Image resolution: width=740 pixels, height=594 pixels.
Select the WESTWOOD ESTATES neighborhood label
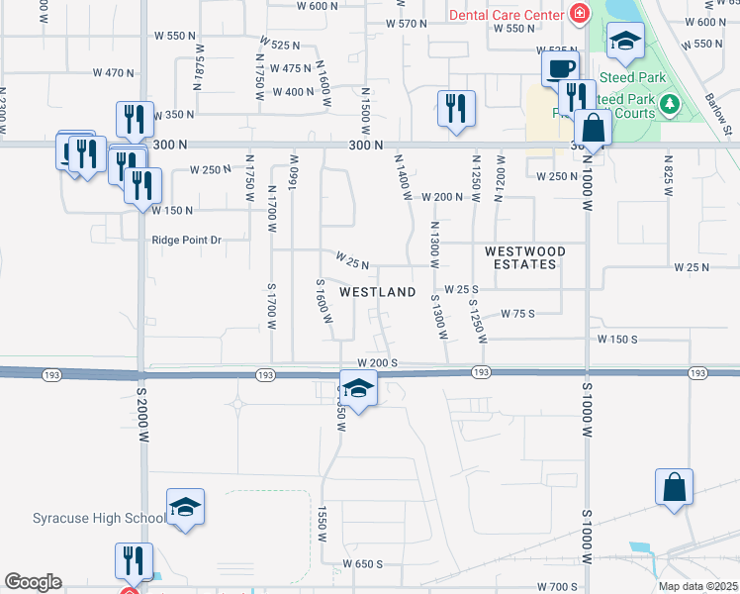(525, 258)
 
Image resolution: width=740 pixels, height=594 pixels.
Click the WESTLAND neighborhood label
(377, 292)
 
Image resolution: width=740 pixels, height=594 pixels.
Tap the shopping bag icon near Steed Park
(592, 128)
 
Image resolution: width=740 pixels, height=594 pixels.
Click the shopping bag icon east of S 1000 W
(674, 486)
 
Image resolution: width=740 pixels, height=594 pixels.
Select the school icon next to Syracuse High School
(184, 507)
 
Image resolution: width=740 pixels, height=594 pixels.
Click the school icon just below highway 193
(358, 388)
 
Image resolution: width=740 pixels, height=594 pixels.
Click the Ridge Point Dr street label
(187, 240)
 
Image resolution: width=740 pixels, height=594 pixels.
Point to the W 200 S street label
(377, 363)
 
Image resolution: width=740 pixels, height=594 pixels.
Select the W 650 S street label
(362, 563)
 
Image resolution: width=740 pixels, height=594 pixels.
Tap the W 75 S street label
(517, 313)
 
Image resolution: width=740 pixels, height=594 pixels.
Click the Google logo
(33, 582)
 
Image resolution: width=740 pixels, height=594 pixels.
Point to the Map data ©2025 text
(697, 586)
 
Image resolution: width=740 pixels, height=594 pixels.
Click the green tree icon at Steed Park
(671, 102)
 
